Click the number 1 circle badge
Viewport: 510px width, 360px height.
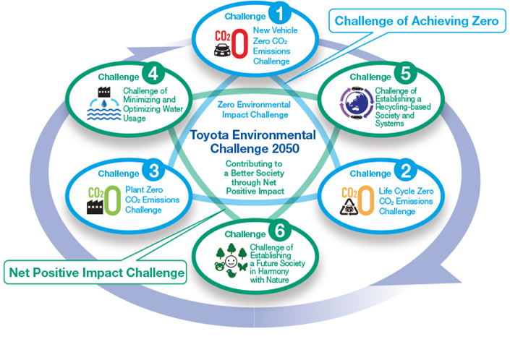point(279,13)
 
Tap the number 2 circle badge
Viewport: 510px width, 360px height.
point(406,171)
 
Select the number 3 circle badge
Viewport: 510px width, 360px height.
point(153,171)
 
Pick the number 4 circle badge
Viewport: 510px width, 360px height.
point(153,74)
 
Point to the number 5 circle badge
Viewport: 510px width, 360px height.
point(406,74)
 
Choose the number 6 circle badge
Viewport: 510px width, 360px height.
point(279,231)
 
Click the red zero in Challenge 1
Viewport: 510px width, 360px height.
point(239,43)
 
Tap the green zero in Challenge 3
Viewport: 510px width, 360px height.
point(113,200)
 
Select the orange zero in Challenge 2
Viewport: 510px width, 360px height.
point(366,200)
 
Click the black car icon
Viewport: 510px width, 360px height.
point(222,50)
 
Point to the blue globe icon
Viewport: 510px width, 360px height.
point(357,103)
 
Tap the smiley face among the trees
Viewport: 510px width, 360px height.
point(231,261)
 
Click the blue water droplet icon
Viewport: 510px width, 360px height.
point(104,103)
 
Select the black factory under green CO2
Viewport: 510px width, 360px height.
point(95,207)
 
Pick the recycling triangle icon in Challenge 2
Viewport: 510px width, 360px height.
point(349,207)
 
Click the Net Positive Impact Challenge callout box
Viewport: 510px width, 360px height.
point(95,273)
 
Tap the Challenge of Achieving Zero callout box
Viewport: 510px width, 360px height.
point(417,21)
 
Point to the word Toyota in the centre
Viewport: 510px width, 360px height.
point(210,135)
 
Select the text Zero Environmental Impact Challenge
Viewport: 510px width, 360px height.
point(254,109)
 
